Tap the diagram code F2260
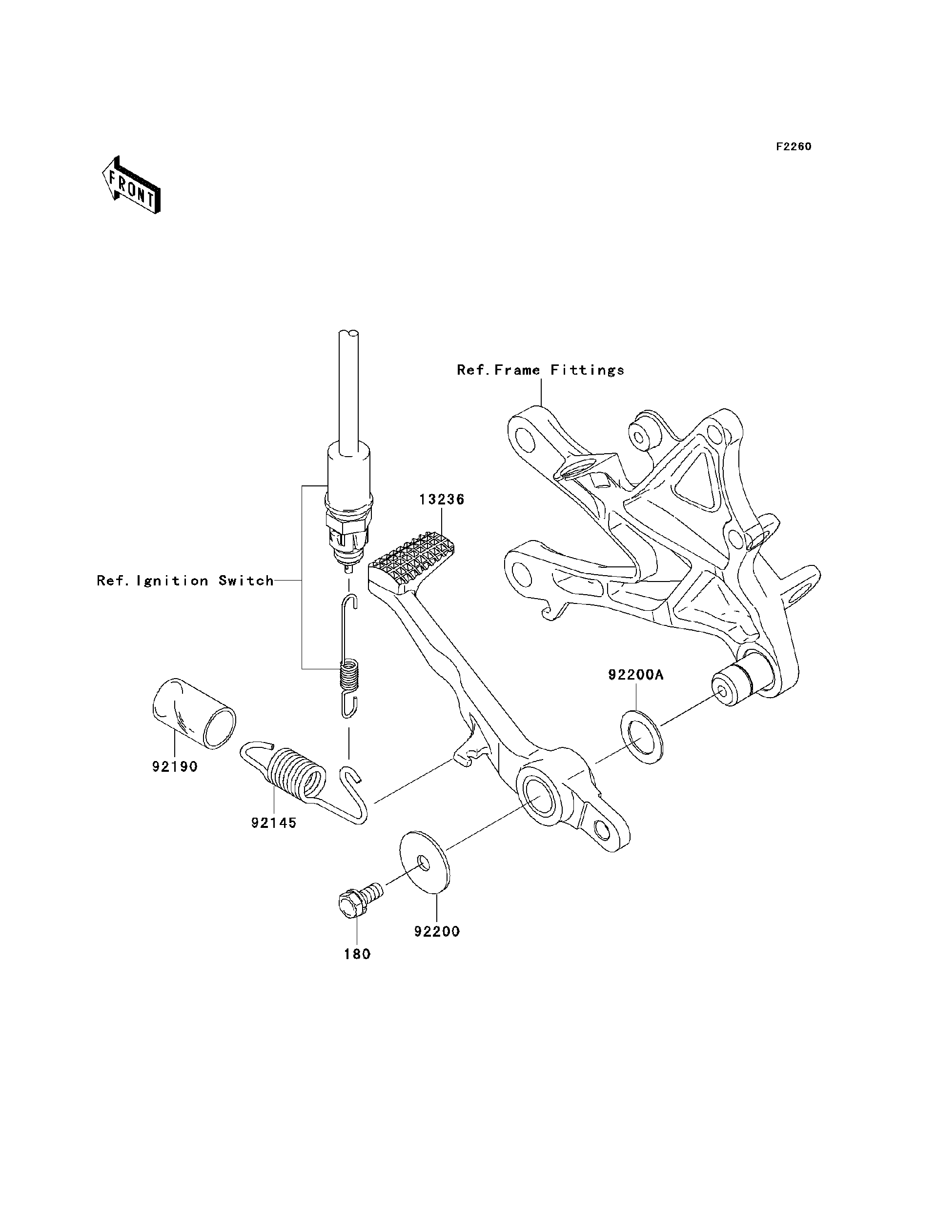(x=794, y=147)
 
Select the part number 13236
(x=442, y=500)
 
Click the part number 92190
(x=175, y=767)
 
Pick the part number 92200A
(x=635, y=675)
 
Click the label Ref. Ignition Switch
(x=185, y=581)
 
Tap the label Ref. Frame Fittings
(x=540, y=370)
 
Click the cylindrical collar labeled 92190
(x=194, y=713)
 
